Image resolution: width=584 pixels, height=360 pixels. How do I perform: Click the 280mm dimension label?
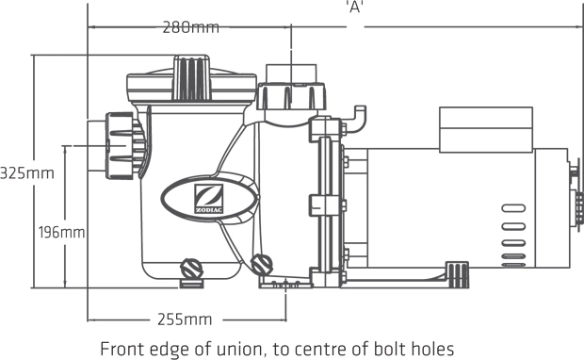point(190,27)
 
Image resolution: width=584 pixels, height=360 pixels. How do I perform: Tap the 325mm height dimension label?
point(26,173)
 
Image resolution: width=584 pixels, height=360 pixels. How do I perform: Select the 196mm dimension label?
point(62,233)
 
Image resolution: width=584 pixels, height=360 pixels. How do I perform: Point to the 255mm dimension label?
point(185,319)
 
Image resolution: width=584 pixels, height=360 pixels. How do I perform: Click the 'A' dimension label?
point(354,8)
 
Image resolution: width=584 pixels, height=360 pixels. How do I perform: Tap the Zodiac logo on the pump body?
point(209,199)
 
